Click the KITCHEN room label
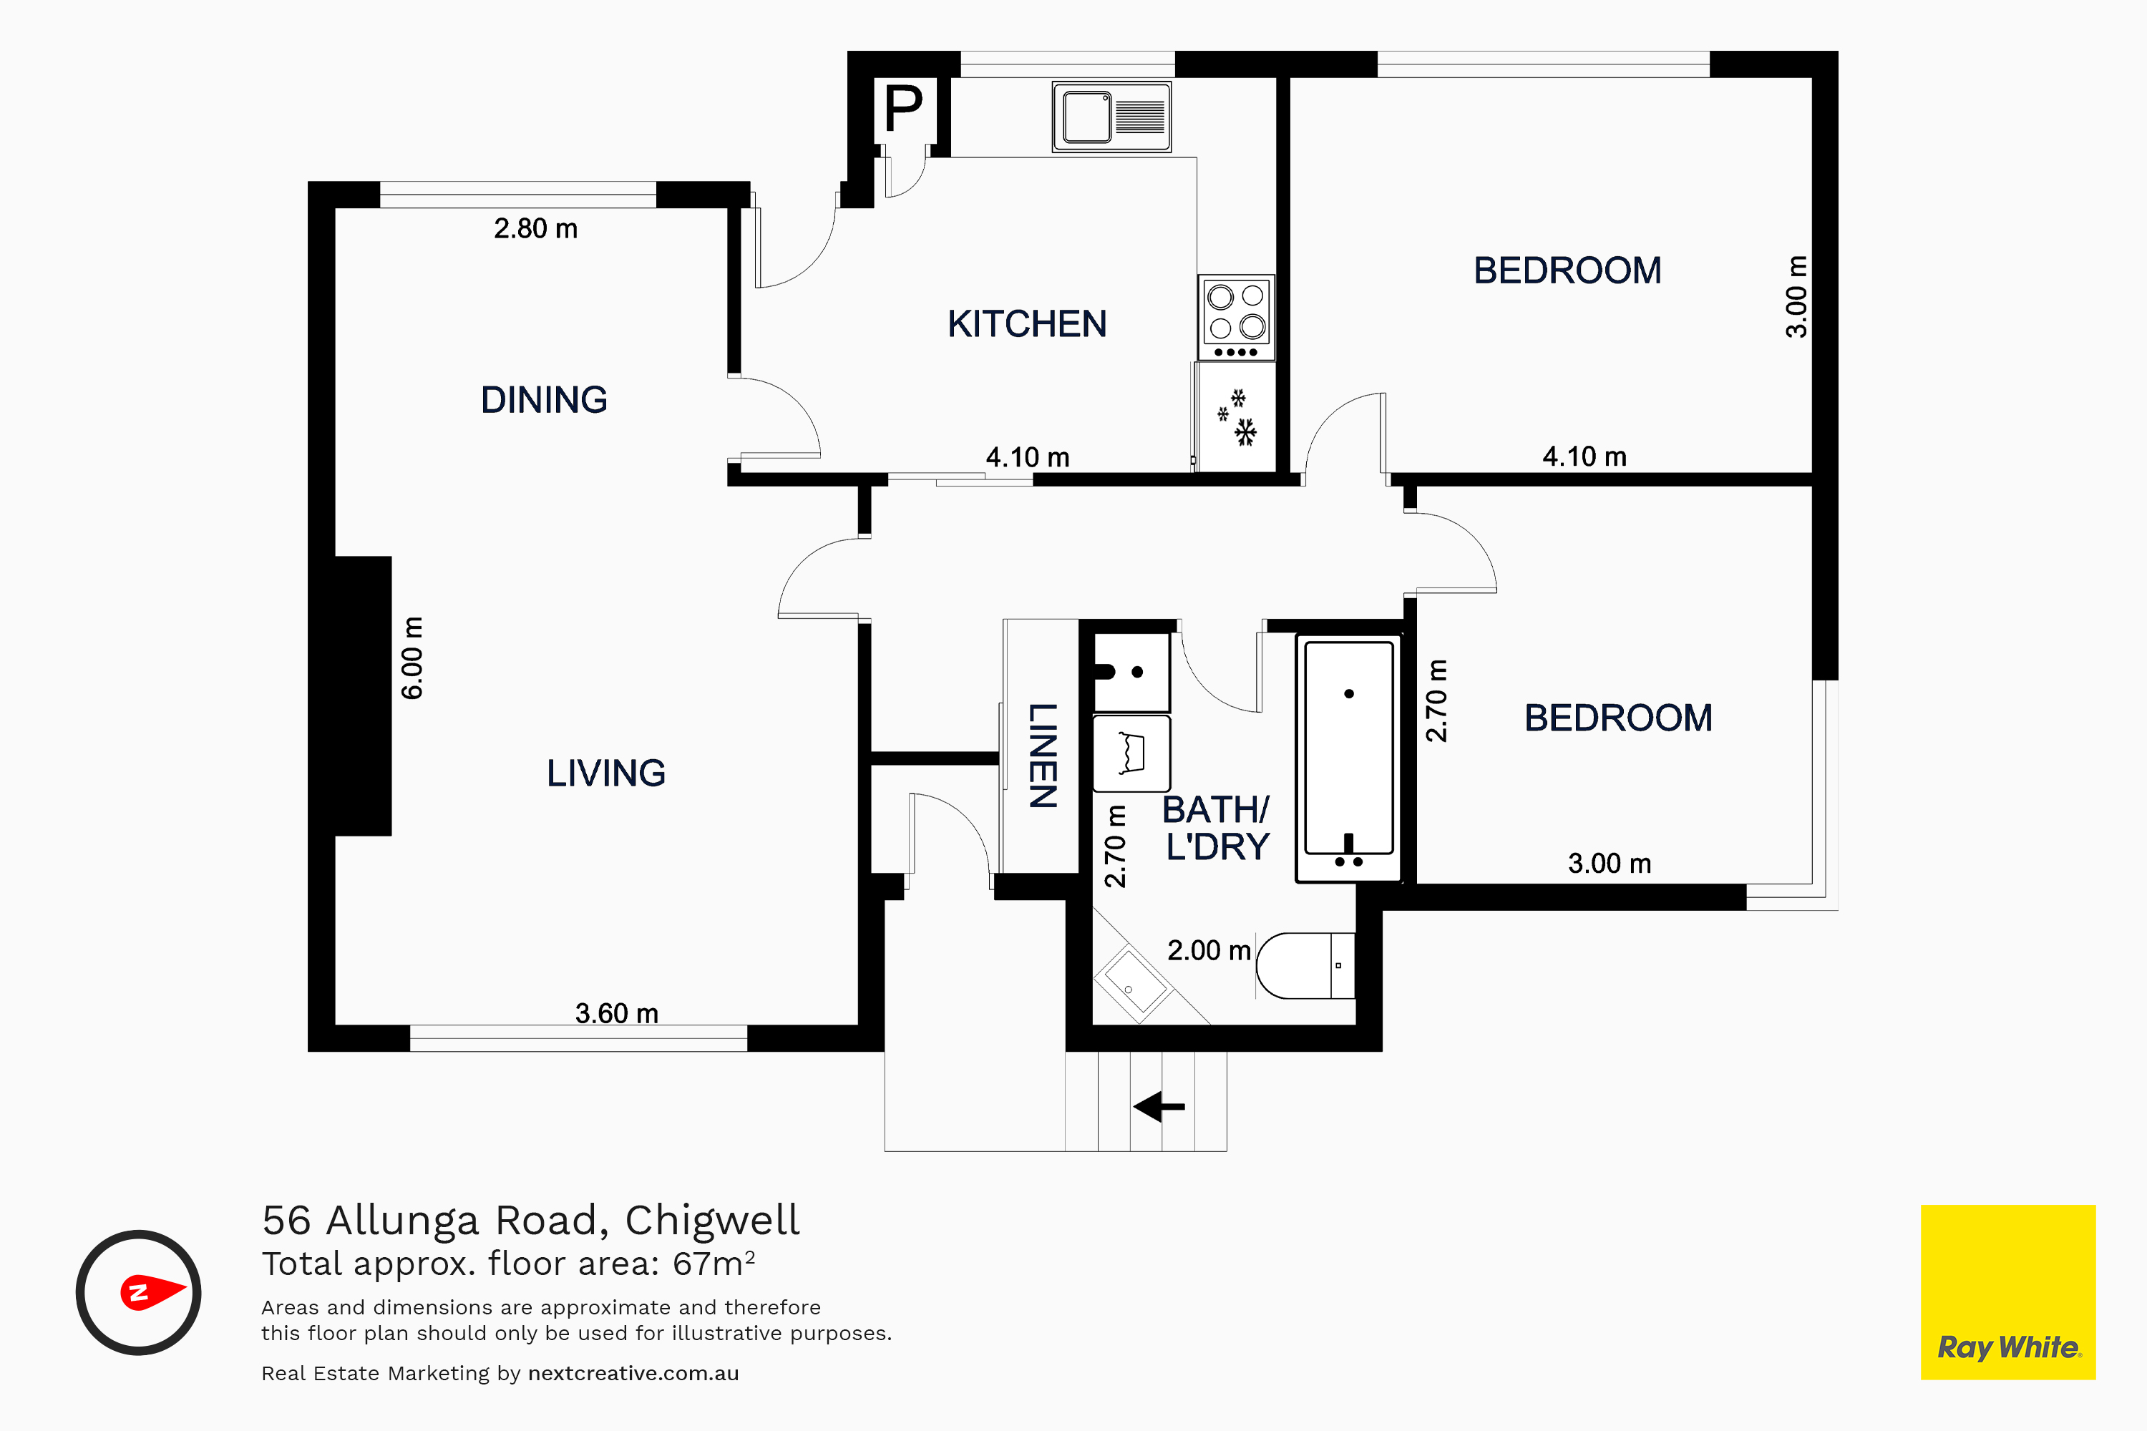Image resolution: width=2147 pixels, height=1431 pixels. point(1027,324)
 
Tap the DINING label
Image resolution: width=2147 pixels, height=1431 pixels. point(544,400)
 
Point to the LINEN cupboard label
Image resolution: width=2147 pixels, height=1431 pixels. point(1043,756)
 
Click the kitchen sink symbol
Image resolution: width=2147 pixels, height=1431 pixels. point(1112,117)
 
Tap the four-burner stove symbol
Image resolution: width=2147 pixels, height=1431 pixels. point(1237,318)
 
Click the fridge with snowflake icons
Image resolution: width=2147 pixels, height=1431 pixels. point(1236,417)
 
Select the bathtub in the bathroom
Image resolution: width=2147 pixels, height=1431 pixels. point(1348,758)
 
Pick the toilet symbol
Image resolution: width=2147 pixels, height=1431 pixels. point(1305,965)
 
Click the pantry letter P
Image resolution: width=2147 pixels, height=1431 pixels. point(904,109)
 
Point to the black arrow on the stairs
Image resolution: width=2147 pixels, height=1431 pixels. point(1159,1107)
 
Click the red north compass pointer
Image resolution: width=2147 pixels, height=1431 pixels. point(152,1291)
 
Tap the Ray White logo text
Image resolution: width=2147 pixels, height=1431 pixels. point(2009,1347)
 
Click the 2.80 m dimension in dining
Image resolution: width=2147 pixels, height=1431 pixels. point(536,228)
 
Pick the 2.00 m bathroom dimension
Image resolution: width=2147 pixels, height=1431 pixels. point(1209,951)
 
